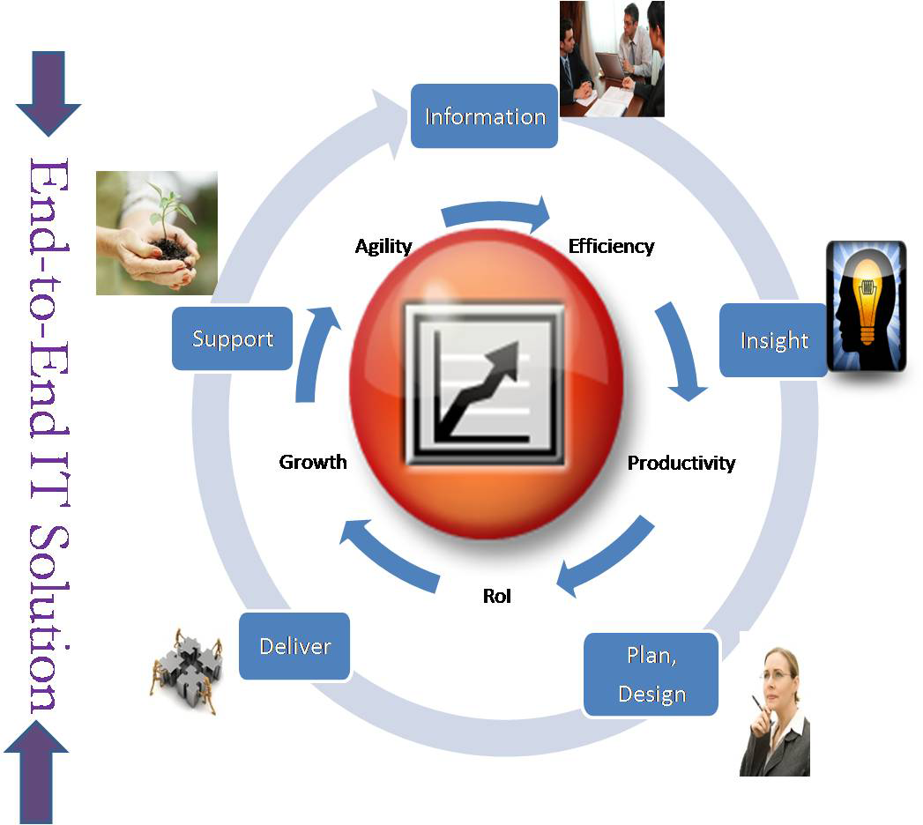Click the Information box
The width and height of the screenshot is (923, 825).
[484, 116]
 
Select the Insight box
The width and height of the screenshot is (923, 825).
[773, 340]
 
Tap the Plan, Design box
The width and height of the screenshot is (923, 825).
[651, 674]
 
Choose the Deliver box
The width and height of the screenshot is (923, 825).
[294, 646]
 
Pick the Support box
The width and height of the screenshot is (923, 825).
[233, 338]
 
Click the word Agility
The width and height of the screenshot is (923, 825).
[383, 247]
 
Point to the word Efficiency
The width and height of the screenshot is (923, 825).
[611, 246]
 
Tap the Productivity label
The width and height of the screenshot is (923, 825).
[681, 463]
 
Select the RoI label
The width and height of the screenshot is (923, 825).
[497, 596]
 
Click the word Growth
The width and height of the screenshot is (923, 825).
[313, 462]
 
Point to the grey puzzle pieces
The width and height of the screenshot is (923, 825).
[187, 671]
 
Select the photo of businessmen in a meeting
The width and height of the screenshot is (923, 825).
[612, 59]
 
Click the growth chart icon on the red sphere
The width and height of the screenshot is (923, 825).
[483, 383]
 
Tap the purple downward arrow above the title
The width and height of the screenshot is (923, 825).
[48, 93]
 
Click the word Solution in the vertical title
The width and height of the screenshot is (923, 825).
[48, 617]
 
